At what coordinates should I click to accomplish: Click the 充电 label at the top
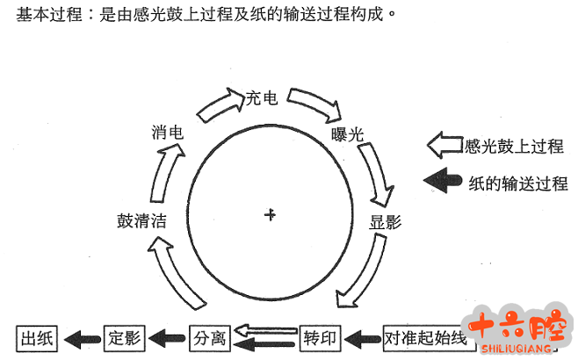[262, 98]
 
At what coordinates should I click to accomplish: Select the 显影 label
[385, 221]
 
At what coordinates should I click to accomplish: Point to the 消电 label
[167, 133]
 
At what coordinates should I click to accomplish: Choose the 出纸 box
[37, 337]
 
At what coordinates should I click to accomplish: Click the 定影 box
[124, 337]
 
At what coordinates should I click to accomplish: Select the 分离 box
[211, 337]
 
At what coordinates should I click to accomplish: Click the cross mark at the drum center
[271, 213]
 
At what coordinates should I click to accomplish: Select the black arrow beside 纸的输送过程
[444, 181]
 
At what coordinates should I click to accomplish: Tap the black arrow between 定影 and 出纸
[81, 337]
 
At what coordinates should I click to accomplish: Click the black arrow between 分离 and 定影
[167, 337]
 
